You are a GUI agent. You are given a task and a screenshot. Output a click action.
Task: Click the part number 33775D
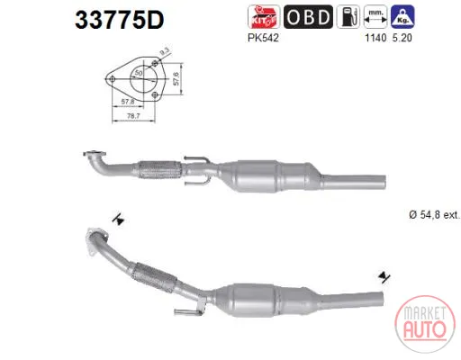click(120, 20)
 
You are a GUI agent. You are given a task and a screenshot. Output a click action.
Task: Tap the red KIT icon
click(264, 17)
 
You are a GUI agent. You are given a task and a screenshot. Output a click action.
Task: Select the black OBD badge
click(308, 17)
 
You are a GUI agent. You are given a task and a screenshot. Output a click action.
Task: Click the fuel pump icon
click(348, 17)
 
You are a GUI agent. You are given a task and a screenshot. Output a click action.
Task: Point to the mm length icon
click(375, 17)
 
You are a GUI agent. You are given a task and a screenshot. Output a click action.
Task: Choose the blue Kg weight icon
click(402, 17)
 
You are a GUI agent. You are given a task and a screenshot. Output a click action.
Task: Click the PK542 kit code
click(263, 38)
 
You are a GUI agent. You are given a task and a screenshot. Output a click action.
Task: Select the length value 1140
click(375, 38)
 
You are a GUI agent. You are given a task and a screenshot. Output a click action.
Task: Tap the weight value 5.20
click(402, 38)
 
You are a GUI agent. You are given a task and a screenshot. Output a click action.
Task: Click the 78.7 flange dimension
click(133, 115)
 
